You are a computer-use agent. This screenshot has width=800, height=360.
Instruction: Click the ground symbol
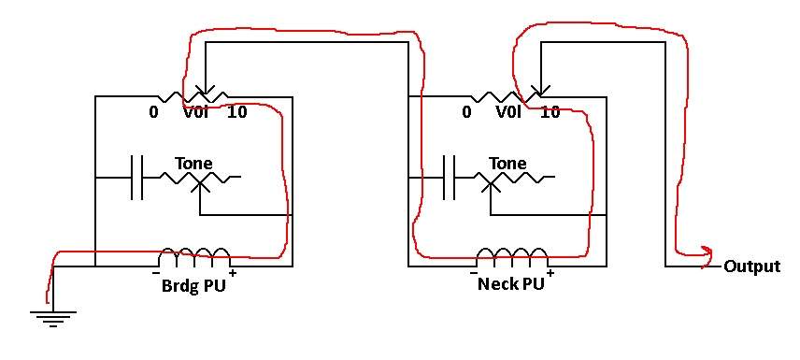click(x=53, y=318)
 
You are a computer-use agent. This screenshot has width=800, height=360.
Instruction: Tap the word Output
click(x=752, y=266)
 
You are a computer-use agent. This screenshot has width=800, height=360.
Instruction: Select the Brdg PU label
click(x=193, y=285)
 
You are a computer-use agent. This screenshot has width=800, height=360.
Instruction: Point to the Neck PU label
click(x=510, y=284)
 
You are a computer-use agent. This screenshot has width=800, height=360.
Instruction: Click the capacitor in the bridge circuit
click(x=137, y=177)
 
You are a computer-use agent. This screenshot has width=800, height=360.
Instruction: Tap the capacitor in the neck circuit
click(x=449, y=177)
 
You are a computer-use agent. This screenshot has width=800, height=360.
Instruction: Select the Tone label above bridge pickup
click(x=193, y=164)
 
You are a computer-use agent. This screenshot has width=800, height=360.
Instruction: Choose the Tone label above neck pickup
click(x=507, y=164)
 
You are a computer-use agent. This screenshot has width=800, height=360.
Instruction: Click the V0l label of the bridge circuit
click(x=196, y=112)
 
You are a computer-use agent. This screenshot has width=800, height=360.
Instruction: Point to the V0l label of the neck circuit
click(x=508, y=112)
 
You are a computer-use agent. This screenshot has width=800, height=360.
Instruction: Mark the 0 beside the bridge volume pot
click(x=153, y=112)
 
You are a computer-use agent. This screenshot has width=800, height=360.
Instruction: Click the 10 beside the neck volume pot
click(x=550, y=112)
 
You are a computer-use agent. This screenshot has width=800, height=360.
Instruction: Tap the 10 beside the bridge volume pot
click(x=236, y=112)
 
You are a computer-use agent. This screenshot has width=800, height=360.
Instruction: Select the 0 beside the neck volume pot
click(x=466, y=112)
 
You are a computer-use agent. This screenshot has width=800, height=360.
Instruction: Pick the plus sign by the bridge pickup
click(x=233, y=273)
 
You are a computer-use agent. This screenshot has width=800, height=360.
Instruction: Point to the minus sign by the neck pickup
click(x=473, y=273)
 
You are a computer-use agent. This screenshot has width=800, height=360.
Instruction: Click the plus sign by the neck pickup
click(x=550, y=273)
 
